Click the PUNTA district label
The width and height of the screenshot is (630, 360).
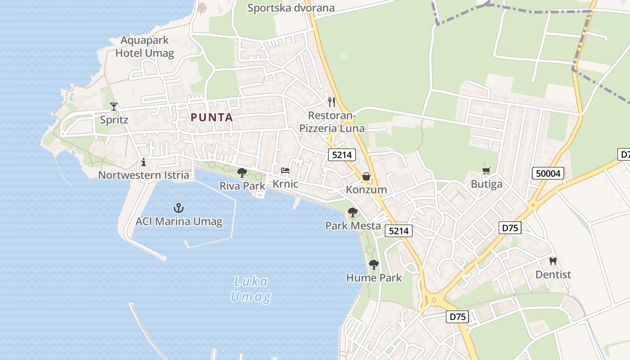(x=211, y=117)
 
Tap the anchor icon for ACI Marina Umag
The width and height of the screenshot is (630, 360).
(x=179, y=208)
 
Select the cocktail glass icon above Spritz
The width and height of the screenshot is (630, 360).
(x=114, y=106)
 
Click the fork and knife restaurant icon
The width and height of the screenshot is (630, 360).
(x=332, y=102)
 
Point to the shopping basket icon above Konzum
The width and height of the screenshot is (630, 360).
(x=366, y=176)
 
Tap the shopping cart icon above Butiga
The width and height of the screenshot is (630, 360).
(x=486, y=171)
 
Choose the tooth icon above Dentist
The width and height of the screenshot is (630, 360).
(x=553, y=261)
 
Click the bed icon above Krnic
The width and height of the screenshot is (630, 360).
(x=285, y=171)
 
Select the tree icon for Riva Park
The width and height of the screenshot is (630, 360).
(x=242, y=172)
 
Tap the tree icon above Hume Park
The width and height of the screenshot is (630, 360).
(x=373, y=264)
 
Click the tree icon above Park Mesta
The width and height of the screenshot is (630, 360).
(x=353, y=212)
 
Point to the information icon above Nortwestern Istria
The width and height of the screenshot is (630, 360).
(x=144, y=162)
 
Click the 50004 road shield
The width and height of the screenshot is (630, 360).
(x=548, y=173)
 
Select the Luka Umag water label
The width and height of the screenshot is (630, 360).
(x=251, y=289)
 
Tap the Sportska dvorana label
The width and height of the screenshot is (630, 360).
(x=291, y=8)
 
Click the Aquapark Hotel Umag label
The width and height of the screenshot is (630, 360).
(x=144, y=47)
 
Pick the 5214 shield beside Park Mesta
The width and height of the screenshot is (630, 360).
(x=399, y=231)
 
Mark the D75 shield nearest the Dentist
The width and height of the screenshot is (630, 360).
(x=510, y=228)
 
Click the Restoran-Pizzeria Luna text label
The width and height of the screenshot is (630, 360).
(x=332, y=122)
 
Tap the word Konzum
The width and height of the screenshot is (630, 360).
(x=366, y=190)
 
